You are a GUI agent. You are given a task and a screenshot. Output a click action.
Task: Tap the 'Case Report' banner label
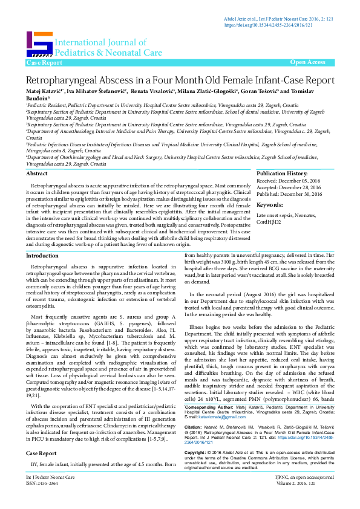click(x=44, y=63)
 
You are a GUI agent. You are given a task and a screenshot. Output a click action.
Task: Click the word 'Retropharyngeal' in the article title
click(x=61, y=80)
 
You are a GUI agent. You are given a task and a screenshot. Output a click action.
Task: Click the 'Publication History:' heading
click(x=282, y=173)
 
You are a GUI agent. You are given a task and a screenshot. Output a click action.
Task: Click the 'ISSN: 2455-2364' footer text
click(x=42, y=501)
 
